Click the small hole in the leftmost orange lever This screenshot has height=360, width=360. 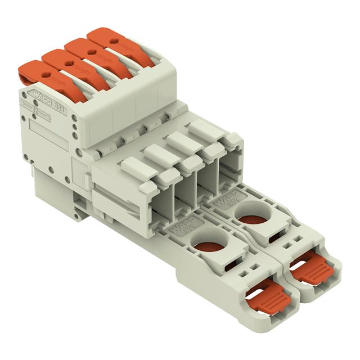[46, 74]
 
